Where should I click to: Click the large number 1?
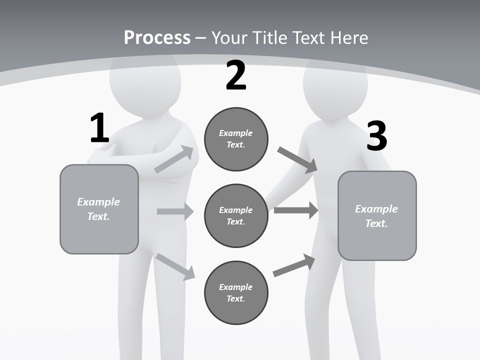(x=99, y=128)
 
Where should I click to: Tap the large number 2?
(x=236, y=76)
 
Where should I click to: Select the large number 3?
(x=376, y=136)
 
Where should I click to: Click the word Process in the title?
(x=157, y=37)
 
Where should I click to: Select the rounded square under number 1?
(x=99, y=209)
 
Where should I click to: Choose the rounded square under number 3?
(x=377, y=215)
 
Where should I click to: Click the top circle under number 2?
(x=236, y=139)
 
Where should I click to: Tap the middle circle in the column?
(x=236, y=215)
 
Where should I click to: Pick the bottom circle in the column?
(x=236, y=292)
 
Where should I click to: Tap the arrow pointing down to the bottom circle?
(x=175, y=266)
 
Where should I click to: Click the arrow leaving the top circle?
(x=297, y=159)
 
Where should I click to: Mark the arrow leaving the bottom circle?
(x=294, y=265)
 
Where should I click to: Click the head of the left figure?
(x=144, y=80)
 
